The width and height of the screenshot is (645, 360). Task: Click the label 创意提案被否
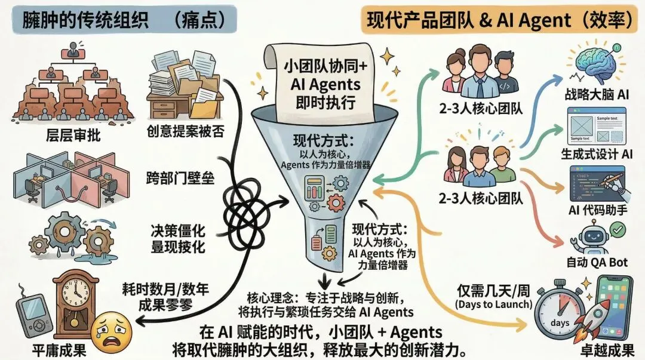tap(185, 131)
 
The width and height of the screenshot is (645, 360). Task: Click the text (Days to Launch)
tap(493, 305)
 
